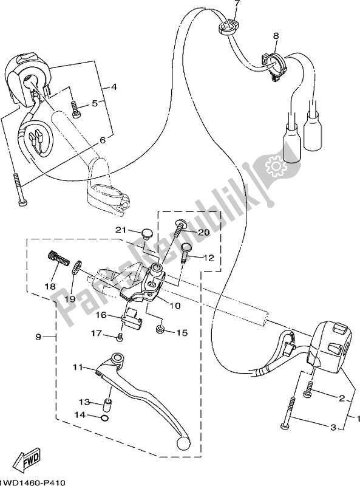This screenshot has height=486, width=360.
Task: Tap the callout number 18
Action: coord(50,285)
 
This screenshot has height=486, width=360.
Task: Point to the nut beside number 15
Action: coord(160,330)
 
